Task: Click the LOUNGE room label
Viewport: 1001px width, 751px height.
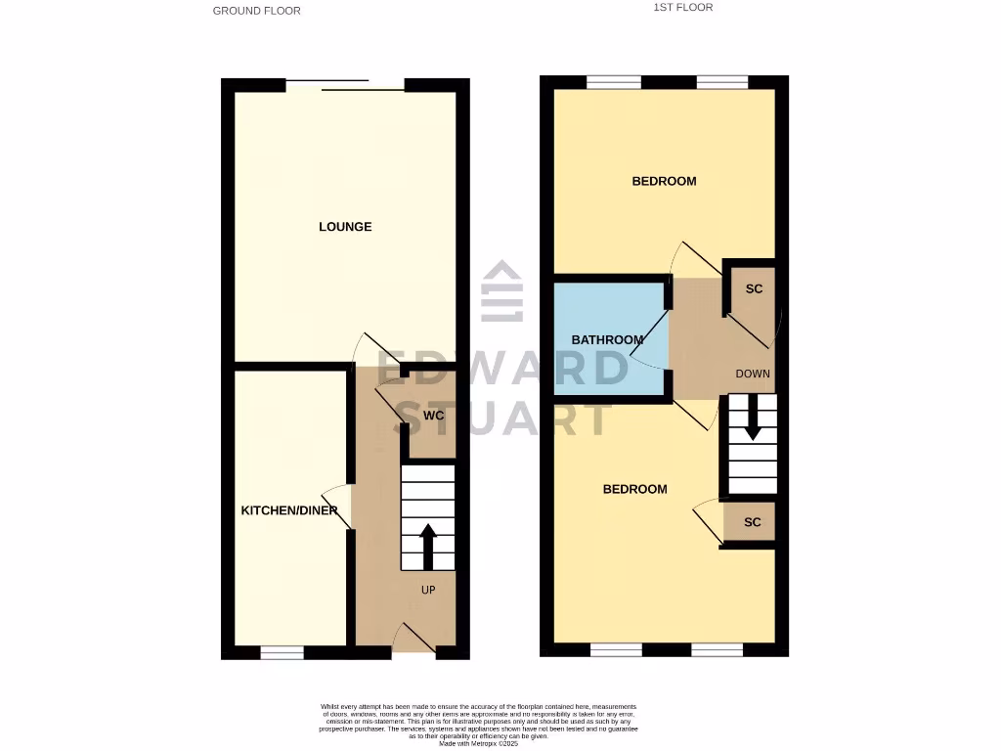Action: [x=345, y=227]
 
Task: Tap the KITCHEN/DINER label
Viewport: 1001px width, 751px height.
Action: [x=289, y=510]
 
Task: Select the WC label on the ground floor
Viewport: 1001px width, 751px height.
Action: [x=434, y=416]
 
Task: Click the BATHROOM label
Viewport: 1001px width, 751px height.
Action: [x=607, y=340]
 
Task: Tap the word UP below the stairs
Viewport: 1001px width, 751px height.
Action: [x=428, y=591]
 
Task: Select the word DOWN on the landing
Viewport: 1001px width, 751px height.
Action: [x=753, y=374]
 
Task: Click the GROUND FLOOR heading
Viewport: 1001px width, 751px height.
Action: [x=257, y=11]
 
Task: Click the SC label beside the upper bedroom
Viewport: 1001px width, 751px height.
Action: [x=754, y=289]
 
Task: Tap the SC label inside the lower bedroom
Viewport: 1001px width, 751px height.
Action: [x=752, y=522]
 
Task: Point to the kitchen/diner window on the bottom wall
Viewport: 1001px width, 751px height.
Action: [x=282, y=651]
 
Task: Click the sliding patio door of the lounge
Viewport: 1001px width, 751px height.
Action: [x=346, y=85]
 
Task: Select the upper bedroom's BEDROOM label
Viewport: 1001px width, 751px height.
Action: [x=664, y=181]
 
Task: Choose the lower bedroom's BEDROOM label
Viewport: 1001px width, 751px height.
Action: [x=634, y=489]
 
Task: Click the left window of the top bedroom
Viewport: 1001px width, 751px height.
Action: [x=614, y=82]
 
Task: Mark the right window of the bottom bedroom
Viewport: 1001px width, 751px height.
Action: [x=717, y=649]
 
